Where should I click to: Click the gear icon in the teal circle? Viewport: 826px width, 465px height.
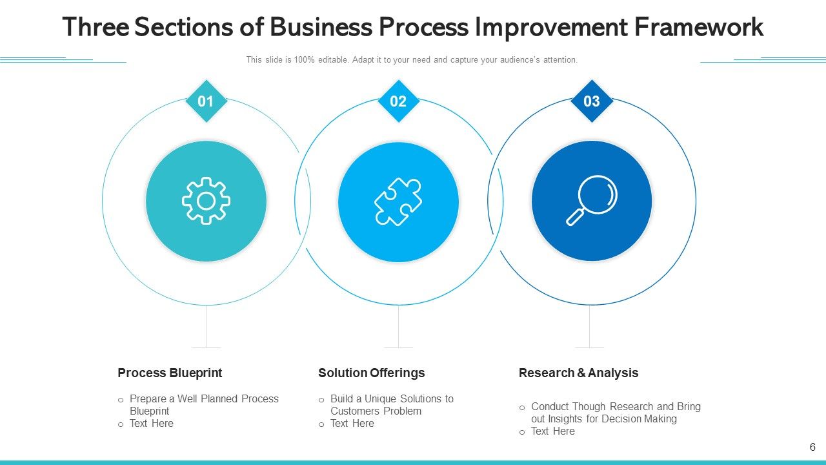point(206,201)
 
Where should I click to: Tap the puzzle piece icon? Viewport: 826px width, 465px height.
point(398,201)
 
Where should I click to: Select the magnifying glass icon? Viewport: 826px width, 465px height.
point(592,200)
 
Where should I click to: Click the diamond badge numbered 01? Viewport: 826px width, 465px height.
point(206,101)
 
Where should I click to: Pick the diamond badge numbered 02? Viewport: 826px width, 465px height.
point(398,101)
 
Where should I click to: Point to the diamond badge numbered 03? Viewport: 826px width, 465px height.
point(592,101)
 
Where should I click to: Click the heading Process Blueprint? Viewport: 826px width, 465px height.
point(170,373)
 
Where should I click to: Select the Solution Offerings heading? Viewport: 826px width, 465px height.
point(371,373)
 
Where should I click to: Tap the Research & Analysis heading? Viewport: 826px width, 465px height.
point(578,373)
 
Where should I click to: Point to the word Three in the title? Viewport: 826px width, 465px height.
point(96,27)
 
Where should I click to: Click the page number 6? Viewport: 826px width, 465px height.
point(812,447)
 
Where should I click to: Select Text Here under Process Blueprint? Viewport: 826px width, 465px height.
point(151,424)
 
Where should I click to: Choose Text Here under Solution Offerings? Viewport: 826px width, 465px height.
point(352,424)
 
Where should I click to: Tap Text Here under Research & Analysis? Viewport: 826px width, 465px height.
point(552,431)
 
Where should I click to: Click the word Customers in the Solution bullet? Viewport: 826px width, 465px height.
point(354,411)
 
